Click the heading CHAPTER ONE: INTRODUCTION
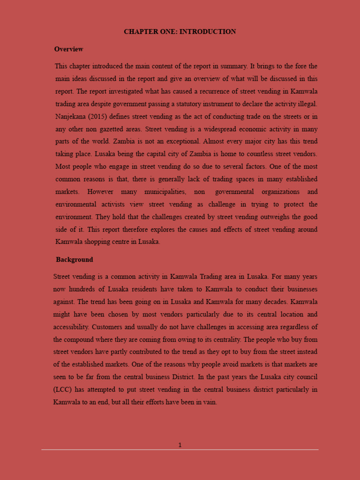point(180,32)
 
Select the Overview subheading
point(68,49)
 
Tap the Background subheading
point(74,260)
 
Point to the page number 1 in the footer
point(180,445)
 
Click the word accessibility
point(71,327)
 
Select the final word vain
point(210,402)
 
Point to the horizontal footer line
point(180,450)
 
